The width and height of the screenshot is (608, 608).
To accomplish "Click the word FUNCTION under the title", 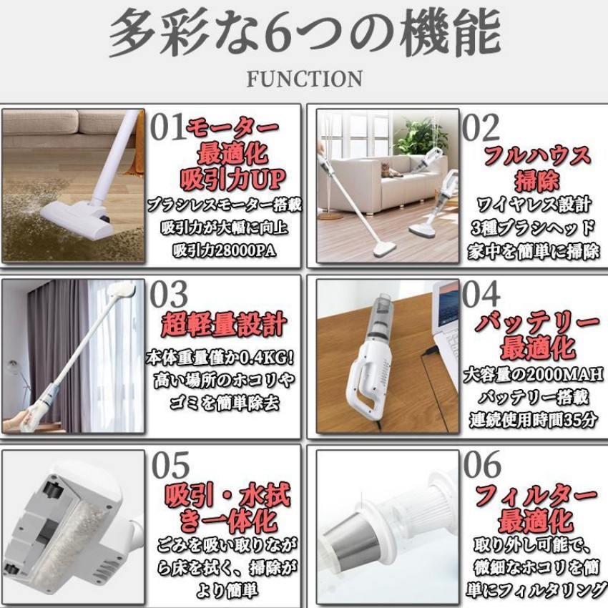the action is click(x=305, y=79).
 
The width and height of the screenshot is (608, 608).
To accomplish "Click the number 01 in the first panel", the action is click(x=167, y=127).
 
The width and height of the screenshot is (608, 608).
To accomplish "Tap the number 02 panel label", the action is click(x=481, y=127).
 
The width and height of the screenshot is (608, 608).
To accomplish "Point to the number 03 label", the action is click(x=169, y=294).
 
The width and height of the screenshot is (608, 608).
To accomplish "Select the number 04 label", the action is click(x=481, y=294).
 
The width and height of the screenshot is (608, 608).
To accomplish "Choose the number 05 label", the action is click(x=170, y=465).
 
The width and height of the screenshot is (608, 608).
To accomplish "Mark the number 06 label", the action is click(x=482, y=464).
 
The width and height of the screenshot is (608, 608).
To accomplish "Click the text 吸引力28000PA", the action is click(x=224, y=250).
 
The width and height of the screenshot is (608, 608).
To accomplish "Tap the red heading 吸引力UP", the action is click(x=232, y=180).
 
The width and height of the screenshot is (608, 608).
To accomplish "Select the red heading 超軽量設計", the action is click(x=224, y=324).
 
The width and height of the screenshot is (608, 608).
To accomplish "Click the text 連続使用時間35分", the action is click(x=534, y=420).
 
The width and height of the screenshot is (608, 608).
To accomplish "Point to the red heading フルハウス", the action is click(x=537, y=155).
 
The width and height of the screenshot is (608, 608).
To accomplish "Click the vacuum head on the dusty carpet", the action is click(x=77, y=218).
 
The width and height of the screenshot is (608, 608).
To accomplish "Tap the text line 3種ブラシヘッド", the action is click(x=532, y=228).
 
